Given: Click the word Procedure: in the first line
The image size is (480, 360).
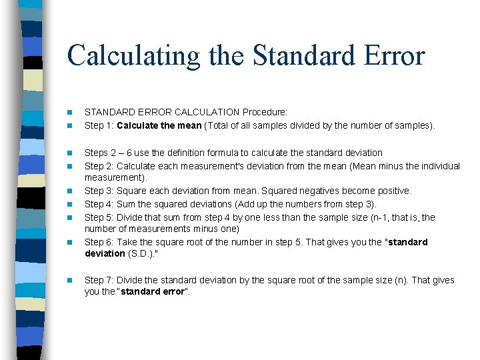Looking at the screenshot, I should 265,113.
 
